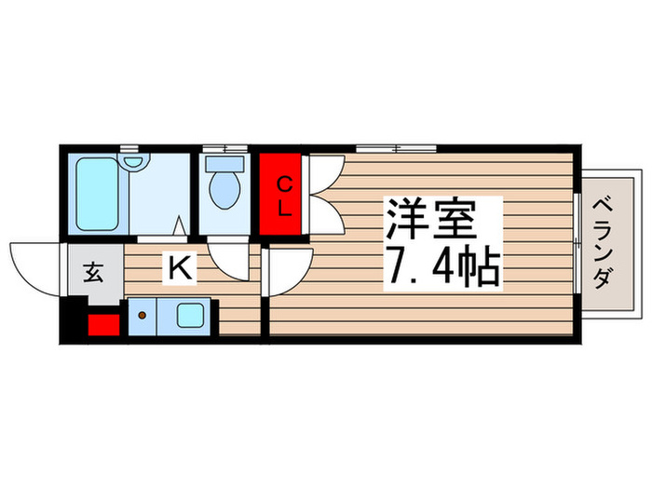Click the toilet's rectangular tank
click(224, 163)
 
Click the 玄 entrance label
click(93, 273)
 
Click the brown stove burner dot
click(143, 315)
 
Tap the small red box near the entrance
click(102, 326)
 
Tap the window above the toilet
click(224, 148)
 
